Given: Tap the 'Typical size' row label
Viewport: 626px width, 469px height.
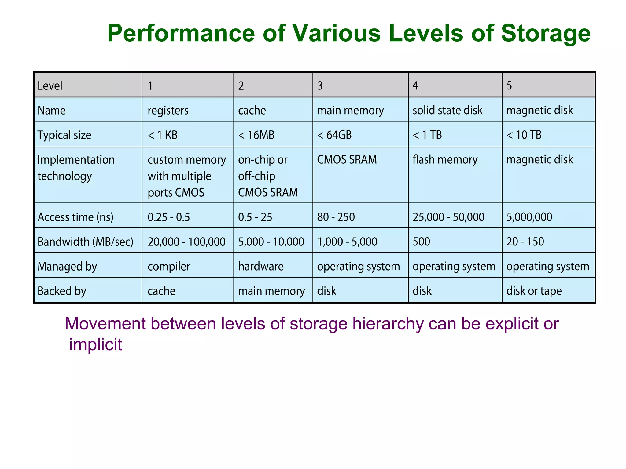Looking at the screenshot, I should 64,135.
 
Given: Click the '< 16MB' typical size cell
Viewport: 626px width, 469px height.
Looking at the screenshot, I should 256,135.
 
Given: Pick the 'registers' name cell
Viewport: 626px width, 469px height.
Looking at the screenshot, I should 168,110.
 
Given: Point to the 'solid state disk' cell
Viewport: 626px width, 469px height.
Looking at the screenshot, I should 447,110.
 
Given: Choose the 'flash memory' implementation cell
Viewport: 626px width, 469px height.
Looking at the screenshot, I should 445,160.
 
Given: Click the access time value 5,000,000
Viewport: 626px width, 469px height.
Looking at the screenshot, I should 529,217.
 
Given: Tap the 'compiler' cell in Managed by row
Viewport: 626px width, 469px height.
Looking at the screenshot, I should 169,267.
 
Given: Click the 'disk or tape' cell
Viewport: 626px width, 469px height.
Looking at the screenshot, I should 534,291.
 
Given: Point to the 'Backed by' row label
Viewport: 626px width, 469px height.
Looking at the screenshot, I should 62,291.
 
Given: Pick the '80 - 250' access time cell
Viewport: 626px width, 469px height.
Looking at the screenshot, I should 336,217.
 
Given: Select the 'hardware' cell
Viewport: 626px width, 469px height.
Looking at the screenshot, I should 261,267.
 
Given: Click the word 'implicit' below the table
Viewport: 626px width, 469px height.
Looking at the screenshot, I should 95,344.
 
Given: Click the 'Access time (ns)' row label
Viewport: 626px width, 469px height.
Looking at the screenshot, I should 75,217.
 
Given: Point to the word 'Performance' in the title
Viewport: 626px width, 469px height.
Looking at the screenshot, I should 181,34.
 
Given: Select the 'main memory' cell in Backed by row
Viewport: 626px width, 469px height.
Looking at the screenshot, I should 271,291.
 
